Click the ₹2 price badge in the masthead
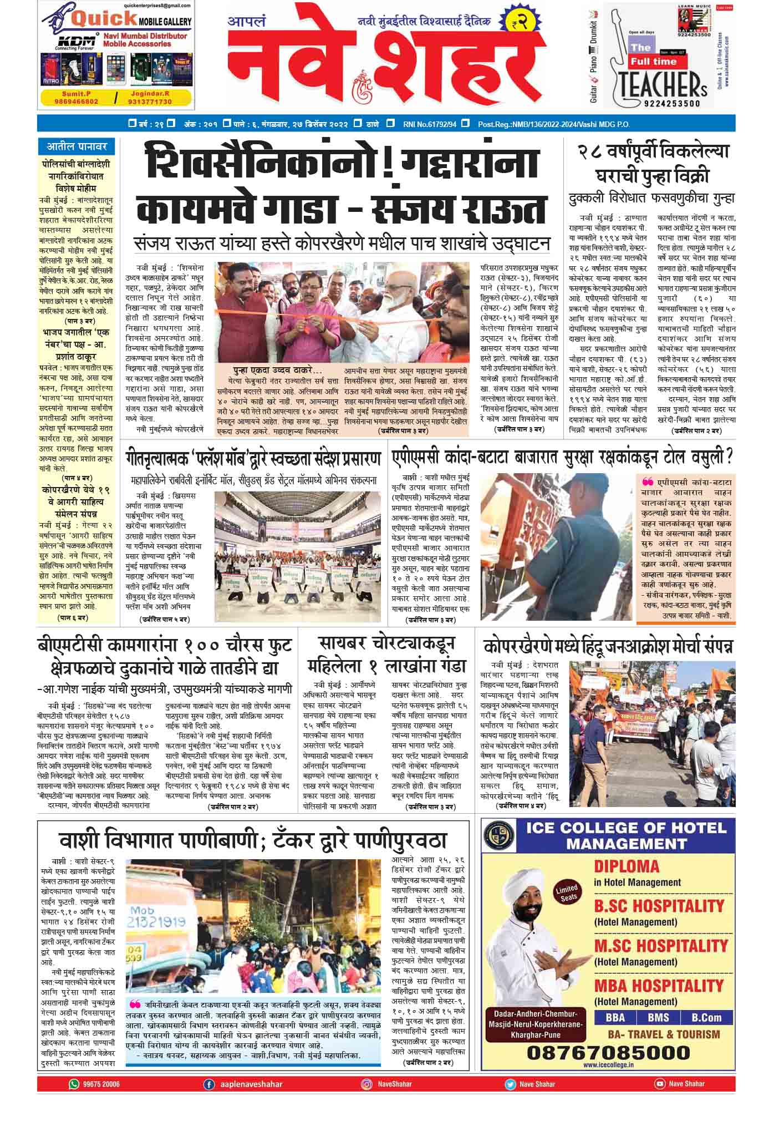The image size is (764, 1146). (x=518, y=23)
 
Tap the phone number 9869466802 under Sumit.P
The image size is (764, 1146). (x=77, y=102)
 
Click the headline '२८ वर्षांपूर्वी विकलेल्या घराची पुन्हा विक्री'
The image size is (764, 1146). (x=652, y=164)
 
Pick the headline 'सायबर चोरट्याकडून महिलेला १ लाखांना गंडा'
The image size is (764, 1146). (x=386, y=655)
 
